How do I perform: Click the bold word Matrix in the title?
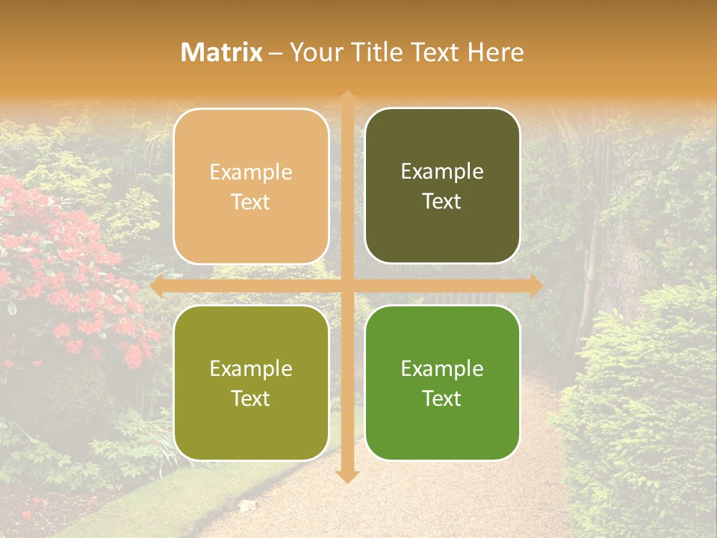click(x=222, y=52)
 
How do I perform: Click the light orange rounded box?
click(x=251, y=186)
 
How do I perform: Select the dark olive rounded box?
click(x=442, y=186)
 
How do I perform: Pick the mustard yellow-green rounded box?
click(x=251, y=383)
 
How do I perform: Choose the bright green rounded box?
click(x=442, y=383)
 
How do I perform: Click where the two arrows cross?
click(x=347, y=286)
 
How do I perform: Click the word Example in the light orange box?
click(x=251, y=173)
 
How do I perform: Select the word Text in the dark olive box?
click(x=442, y=202)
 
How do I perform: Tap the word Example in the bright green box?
click(x=442, y=368)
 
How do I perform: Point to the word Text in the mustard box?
click(x=251, y=398)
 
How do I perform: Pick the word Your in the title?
click(x=314, y=52)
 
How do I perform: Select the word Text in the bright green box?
click(x=442, y=398)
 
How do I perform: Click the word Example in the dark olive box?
click(x=442, y=172)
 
